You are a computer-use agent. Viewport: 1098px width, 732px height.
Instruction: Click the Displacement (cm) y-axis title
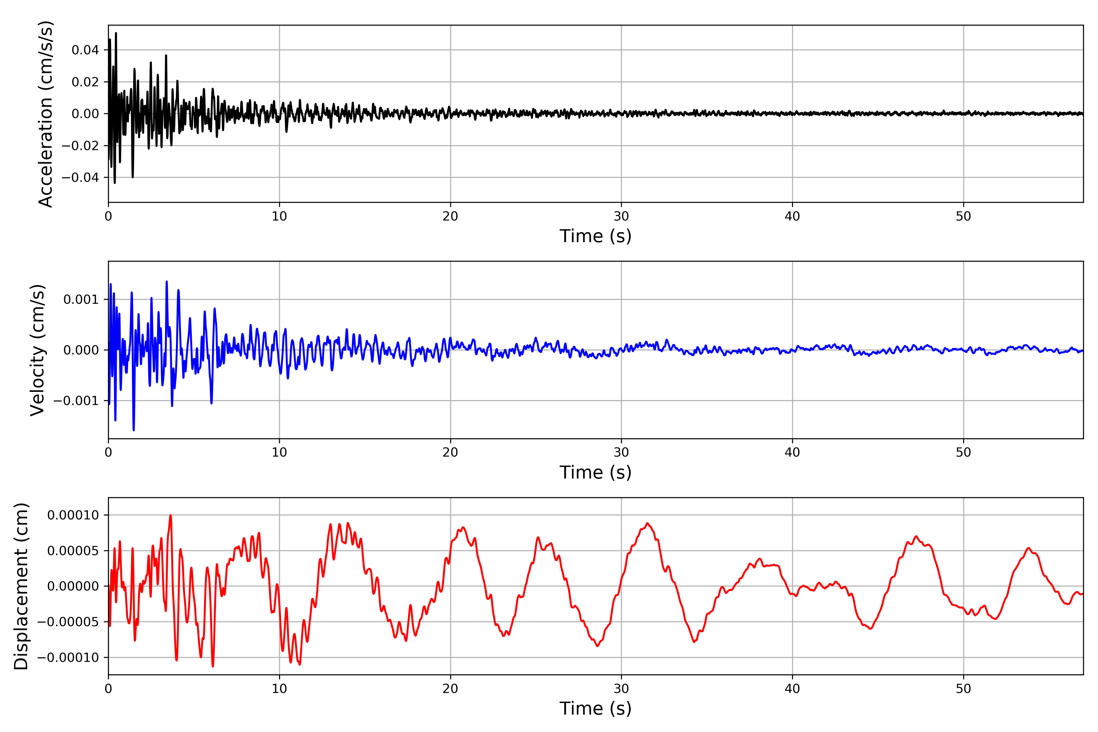click(21, 586)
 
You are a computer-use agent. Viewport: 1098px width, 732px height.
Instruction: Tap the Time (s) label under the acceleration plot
click(595, 236)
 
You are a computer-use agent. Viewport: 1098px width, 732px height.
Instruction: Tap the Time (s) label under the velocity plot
click(595, 472)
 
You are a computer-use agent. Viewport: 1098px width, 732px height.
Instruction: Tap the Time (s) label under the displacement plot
click(595, 709)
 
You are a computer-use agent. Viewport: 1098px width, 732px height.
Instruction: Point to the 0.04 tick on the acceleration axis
click(85, 50)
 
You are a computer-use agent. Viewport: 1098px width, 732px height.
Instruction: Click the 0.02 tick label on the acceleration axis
click(85, 82)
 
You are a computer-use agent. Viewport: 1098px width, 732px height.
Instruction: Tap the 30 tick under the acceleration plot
click(621, 216)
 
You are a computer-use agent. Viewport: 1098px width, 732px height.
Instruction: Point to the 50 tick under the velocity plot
click(963, 452)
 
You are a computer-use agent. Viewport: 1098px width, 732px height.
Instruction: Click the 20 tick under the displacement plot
click(450, 689)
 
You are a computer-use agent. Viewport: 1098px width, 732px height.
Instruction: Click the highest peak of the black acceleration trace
click(116, 33)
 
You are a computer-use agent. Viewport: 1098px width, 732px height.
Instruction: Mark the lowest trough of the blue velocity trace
click(134, 430)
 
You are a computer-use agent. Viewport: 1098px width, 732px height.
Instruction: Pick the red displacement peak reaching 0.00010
click(170, 515)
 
